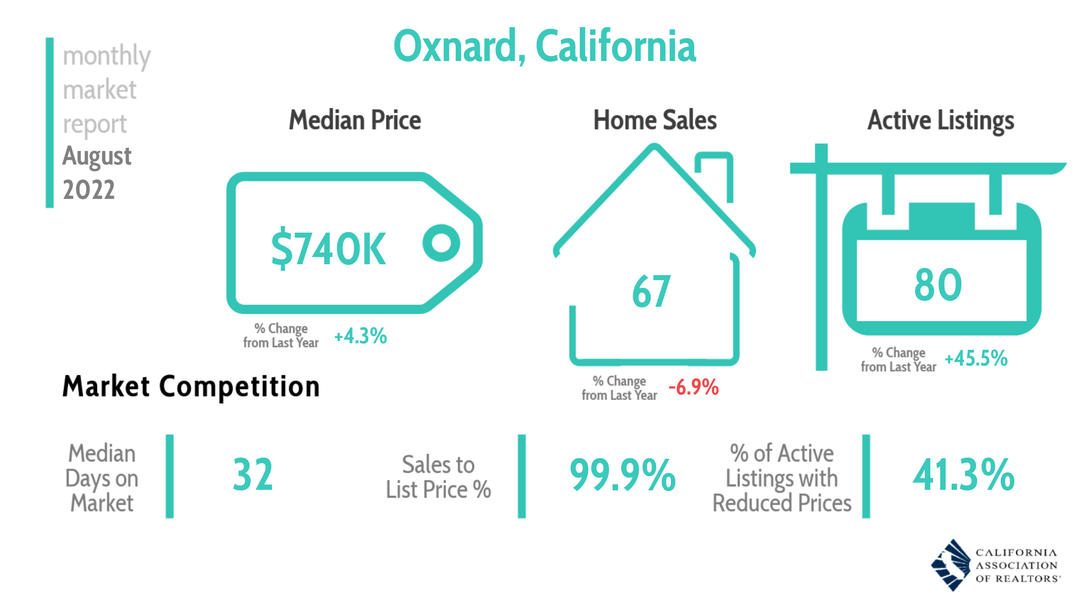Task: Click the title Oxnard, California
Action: tap(544, 46)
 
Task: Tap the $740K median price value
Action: tap(329, 248)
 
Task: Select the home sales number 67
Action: tap(651, 292)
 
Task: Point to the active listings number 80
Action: tap(938, 284)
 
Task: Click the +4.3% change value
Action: tap(360, 336)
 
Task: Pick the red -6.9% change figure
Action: tap(693, 387)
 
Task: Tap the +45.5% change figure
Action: tap(976, 359)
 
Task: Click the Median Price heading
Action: tap(355, 120)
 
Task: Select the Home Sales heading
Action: tap(655, 120)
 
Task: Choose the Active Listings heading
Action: tap(941, 120)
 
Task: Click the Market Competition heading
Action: tap(191, 386)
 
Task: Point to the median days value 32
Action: tap(252, 475)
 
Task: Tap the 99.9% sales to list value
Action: tap(622, 475)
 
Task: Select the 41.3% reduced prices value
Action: tap(964, 475)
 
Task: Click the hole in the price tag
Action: tap(441, 243)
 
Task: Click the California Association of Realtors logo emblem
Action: tap(951, 565)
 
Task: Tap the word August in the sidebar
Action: tap(97, 156)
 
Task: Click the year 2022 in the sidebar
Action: tap(89, 190)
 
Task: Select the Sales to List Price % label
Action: tap(438, 477)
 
